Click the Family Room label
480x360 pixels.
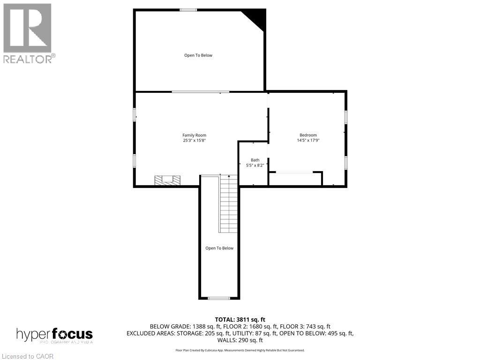tap(194, 135)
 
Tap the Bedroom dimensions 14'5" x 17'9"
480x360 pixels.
tap(308, 140)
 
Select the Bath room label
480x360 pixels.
tap(255, 160)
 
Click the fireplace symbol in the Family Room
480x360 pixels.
tap(168, 180)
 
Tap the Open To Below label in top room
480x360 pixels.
tap(198, 55)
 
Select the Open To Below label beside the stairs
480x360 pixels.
tap(219, 248)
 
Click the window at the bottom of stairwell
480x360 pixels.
tap(219, 298)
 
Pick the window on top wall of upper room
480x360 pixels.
tap(188, 10)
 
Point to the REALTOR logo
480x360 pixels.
tap(28, 33)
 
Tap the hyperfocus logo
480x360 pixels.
tap(54, 335)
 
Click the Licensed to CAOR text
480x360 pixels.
tap(27, 356)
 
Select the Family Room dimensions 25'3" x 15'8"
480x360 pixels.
tap(194, 140)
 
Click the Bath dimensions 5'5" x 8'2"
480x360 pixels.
tap(255, 165)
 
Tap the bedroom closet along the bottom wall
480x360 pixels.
tap(295, 179)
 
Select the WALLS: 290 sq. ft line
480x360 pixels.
tap(240, 340)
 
